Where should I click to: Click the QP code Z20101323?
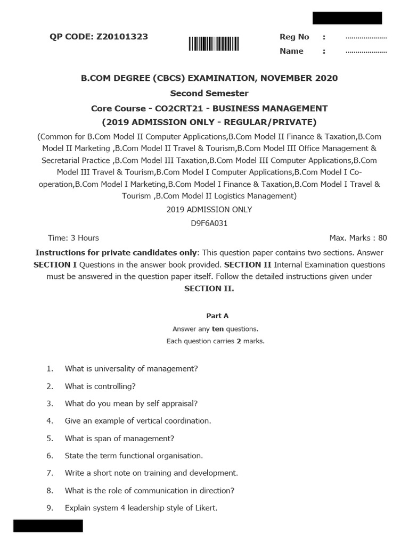click(123, 37)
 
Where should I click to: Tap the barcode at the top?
click(214, 44)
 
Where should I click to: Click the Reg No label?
click(294, 37)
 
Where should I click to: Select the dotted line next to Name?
click(366, 52)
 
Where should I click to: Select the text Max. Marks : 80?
click(358, 238)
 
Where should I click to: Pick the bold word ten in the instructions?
click(218, 329)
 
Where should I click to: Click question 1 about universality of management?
click(131, 368)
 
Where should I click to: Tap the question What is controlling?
click(100, 386)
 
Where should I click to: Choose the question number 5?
click(50, 439)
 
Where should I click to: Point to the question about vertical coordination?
click(138, 420)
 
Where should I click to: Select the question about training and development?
click(151, 473)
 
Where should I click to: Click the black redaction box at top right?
click(347, 18)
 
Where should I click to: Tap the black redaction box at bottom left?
click(48, 526)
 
